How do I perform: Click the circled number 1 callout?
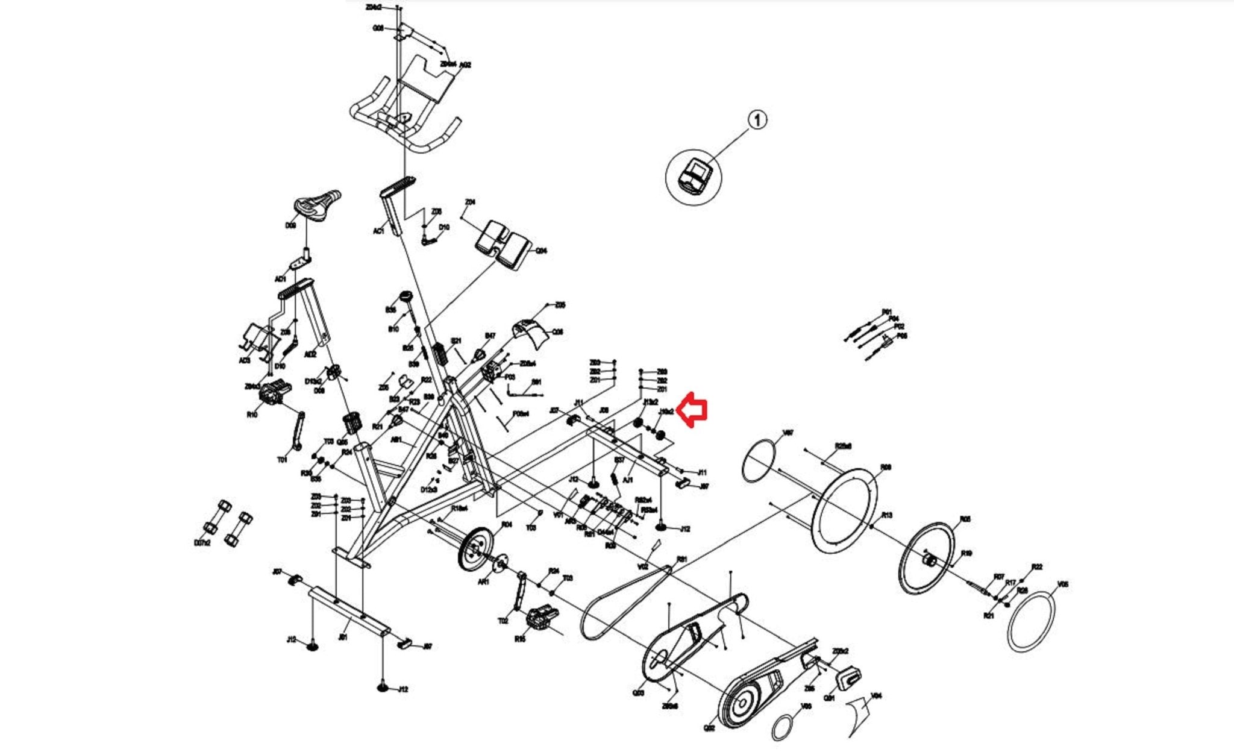(x=757, y=120)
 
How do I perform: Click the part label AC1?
(x=378, y=231)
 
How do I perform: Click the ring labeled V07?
(x=759, y=461)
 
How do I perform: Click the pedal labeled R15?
(x=536, y=618)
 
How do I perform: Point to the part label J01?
(x=343, y=636)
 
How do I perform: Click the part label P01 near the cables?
(x=886, y=312)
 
